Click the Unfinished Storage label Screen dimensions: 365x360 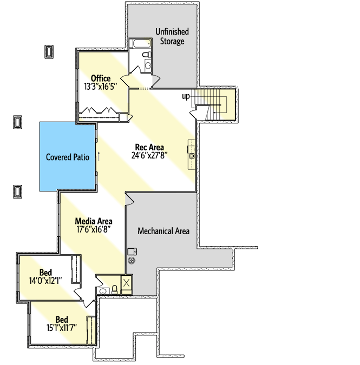coord(170,36)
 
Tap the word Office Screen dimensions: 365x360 coord(101,79)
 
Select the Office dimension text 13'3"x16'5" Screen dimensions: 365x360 coord(101,87)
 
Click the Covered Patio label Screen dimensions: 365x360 coord(67,157)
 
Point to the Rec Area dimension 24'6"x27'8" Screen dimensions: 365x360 coord(149,155)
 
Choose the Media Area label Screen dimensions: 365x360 coord(94,221)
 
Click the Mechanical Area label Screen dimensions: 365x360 coord(163,231)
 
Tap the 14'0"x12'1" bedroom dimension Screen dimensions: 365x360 coord(47,280)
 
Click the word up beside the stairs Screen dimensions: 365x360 coord(186,96)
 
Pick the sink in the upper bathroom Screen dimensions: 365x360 coord(148,65)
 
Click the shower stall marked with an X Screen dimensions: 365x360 coord(127,284)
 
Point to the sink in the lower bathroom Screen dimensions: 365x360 coord(103,291)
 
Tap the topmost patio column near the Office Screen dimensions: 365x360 coord(49,51)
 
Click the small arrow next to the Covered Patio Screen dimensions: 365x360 coord(99,157)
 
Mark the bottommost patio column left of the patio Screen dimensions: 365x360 coord(17,190)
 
